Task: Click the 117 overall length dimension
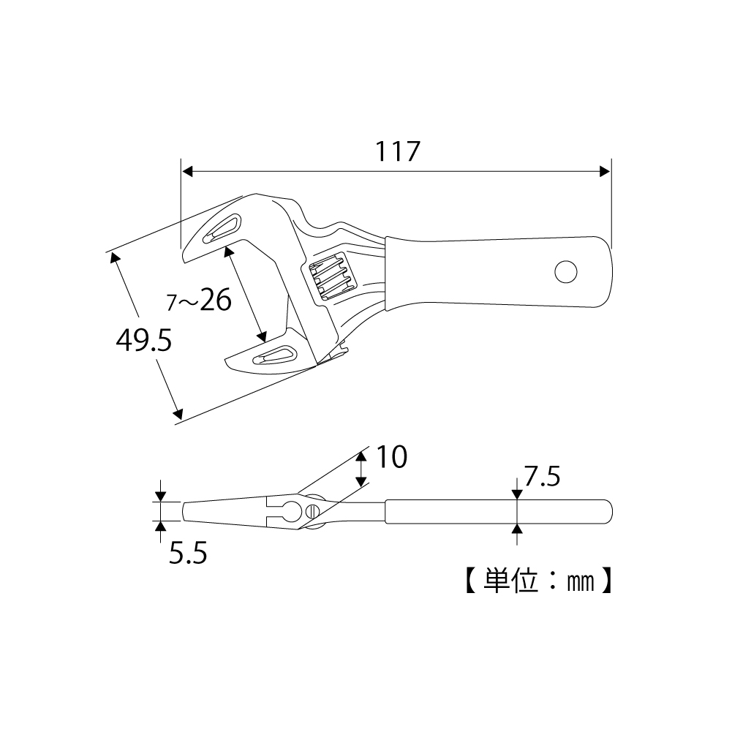point(398,151)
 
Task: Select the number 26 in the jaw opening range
point(216,299)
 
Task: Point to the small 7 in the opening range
point(172,303)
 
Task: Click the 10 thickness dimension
point(392,456)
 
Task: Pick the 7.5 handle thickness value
point(542,477)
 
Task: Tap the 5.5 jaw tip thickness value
point(188,553)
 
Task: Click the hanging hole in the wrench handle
point(566,271)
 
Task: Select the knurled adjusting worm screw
point(330,276)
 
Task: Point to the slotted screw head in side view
point(312,512)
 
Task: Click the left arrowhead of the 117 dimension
point(187,172)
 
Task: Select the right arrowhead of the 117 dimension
point(605,172)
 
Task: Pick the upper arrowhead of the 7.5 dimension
point(517,494)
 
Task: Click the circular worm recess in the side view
point(293,512)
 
